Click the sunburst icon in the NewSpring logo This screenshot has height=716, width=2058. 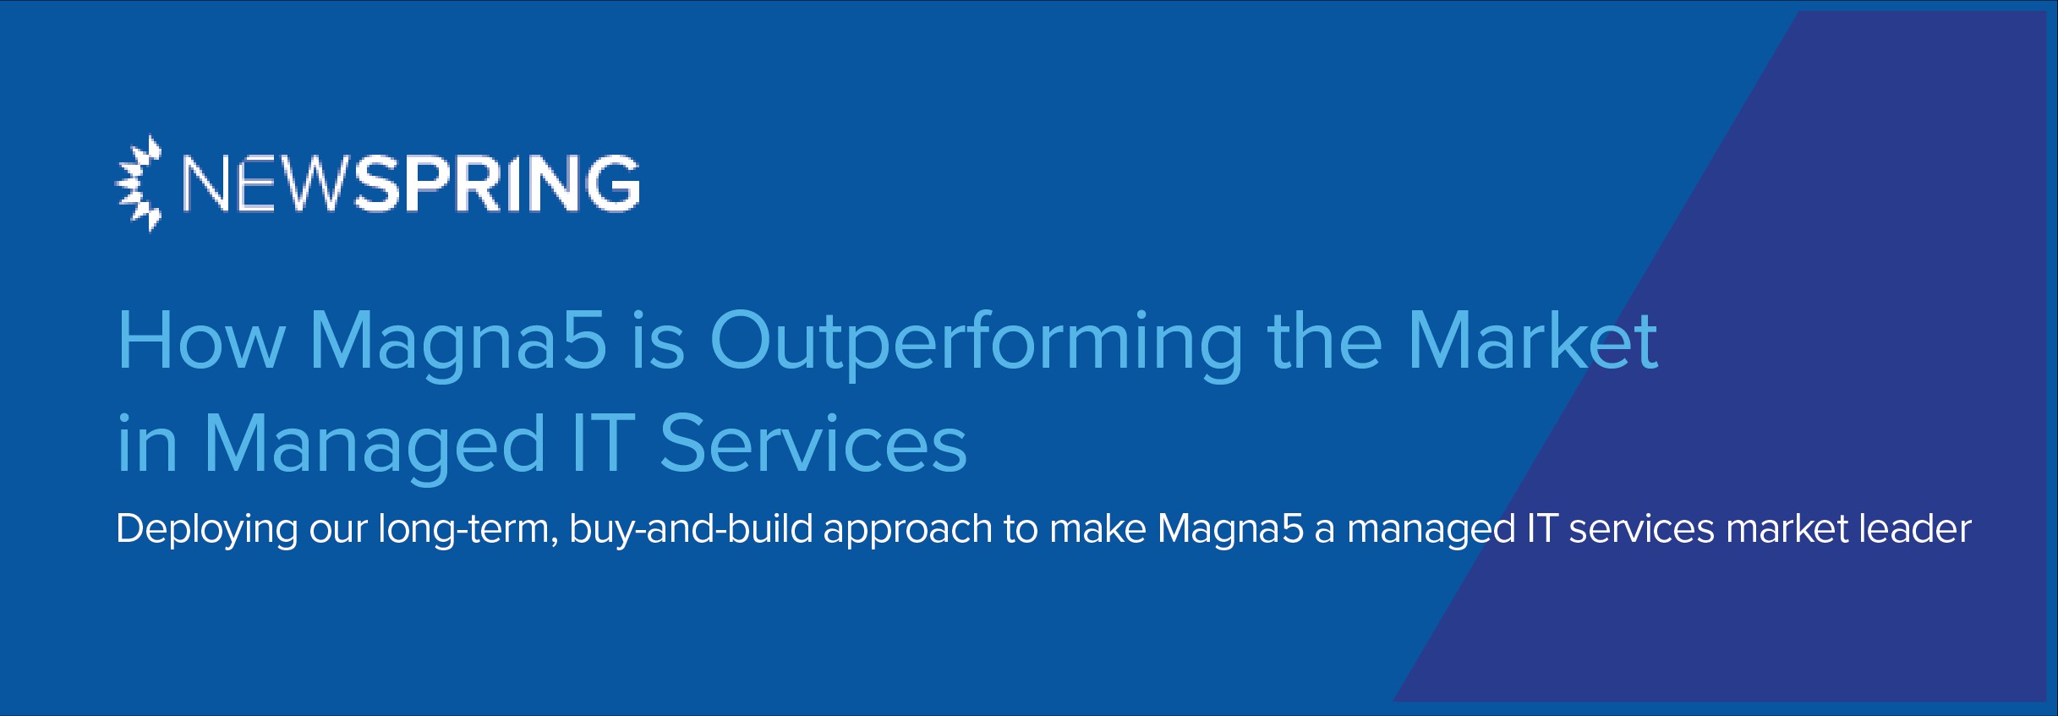tap(138, 183)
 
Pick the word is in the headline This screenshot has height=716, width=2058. tap(659, 342)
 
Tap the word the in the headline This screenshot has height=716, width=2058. tap(1325, 342)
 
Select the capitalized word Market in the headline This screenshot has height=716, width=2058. tap(1532, 342)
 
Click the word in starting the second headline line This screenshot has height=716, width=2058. tap(147, 444)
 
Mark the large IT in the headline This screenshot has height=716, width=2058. tap(603, 444)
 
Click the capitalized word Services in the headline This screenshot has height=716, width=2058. tap(813, 444)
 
